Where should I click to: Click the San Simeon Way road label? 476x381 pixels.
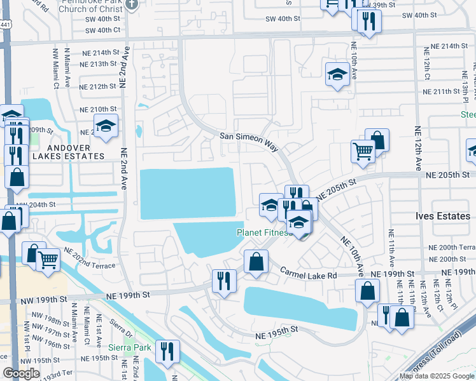[249, 141]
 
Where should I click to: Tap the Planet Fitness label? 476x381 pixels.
[263, 233]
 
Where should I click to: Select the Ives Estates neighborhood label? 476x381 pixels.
[444, 216]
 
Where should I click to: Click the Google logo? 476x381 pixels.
[21, 373]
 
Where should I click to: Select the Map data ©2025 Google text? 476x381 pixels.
[437, 376]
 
